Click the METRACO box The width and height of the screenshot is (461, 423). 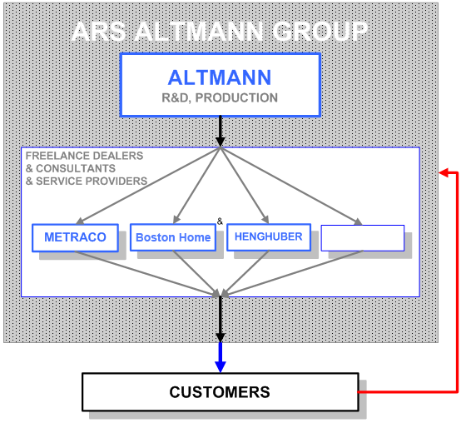pyautogui.click(x=75, y=237)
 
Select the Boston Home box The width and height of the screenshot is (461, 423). pyautogui.click(x=173, y=237)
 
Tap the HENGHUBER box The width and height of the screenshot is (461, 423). pyautogui.click(x=269, y=237)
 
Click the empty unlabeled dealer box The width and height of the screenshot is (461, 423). pyautogui.click(x=363, y=238)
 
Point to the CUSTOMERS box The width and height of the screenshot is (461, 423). pyautogui.click(x=221, y=392)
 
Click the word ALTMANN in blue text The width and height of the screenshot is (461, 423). pyautogui.click(x=220, y=77)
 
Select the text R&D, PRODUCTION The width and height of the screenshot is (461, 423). pyautogui.click(x=220, y=98)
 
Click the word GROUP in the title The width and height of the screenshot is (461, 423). pyautogui.click(x=320, y=31)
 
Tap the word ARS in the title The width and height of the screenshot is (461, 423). pyautogui.click(x=99, y=31)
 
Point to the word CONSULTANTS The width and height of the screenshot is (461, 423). pyautogui.click(x=76, y=168)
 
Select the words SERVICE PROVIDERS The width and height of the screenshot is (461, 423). pyautogui.click(x=92, y=181)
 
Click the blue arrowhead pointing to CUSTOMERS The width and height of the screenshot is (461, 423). pyautogui.click(x=221, y=366)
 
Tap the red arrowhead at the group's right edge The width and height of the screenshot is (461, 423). pyautogui.click(x=444, y=172)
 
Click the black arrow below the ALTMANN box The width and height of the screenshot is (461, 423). pyautogui.click(x=221, y=132)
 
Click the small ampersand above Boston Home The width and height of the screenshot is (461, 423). pyautogui.click(x=220, y=221)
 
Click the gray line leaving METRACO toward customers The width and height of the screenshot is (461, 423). pyautogui.click(x=147, y=273)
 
